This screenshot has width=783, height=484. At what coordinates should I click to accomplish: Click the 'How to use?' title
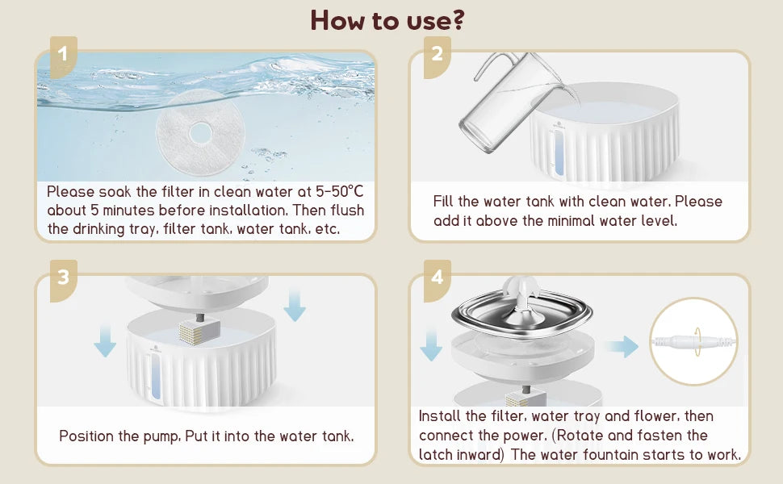[x=387, y=20]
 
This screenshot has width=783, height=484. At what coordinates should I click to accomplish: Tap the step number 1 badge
[x=63, y=56]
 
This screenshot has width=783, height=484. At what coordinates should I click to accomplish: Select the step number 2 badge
[x=437, y=56]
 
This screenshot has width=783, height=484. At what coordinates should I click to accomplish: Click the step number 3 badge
[x=63, y=280]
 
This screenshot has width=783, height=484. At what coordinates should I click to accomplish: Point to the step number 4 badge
[x=437, y=280]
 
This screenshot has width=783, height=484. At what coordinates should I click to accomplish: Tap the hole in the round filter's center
[x=201, y=133]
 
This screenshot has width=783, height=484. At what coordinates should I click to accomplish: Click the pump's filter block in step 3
[x=199, y=332]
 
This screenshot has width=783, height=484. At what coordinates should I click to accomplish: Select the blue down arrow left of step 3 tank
[x=105, y=340]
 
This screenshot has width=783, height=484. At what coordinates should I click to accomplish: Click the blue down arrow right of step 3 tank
[x=294, y=306]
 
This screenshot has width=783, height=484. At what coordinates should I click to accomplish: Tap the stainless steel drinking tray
[x=522, y=315]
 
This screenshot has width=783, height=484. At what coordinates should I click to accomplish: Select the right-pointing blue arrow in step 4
[x=622, y=346]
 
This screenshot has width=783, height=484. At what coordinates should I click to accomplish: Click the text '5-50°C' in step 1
[x=340, y=192]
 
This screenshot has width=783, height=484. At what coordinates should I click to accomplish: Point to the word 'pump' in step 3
[x=161, y=436]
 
